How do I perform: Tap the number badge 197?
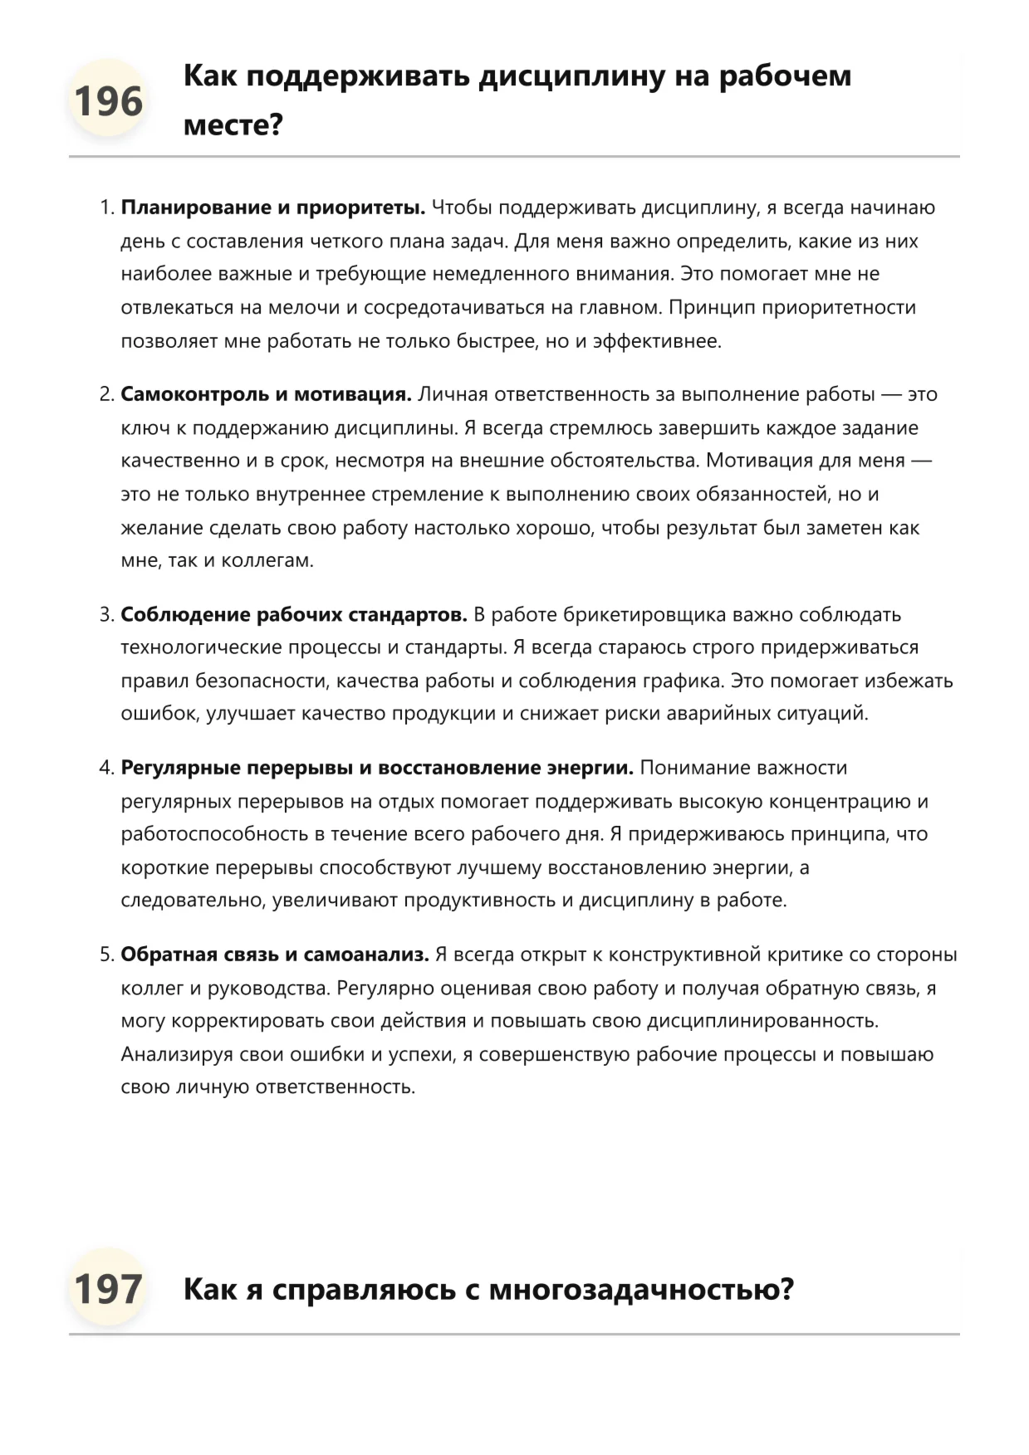[x=108, y=1289]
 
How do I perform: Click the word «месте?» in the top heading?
[x=233, y=125]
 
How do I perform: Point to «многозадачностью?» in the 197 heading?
[x=641, y=1290]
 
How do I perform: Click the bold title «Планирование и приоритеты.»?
[x=273, y=208]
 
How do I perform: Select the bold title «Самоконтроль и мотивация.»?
[x=266, y=394]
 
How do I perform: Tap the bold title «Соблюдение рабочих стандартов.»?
[x=294, y=614]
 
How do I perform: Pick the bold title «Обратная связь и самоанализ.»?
[x=275, y=955]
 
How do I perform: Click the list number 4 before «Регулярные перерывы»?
[x=105, y=768]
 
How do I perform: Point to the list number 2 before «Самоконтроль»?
[x=105, y=394]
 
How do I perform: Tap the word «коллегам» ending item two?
[x=267, y=560]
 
